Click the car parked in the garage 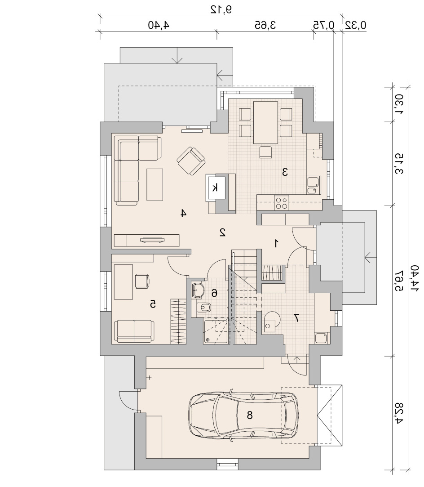[x=243, y=415]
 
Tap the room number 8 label [x=250, y=415]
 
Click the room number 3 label [x=285, y=172]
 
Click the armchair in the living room [x=191, y=161]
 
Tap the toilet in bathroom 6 [x=203, y=308]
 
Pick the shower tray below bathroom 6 [x=216, y=332]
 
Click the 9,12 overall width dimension [x=221, y=9]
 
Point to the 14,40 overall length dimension [x=415, y=278]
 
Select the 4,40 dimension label [x=159, y=25]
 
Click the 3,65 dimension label [x=265, y=25]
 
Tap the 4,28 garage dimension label [x=398, y=413]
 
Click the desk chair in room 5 [x=142, y=281]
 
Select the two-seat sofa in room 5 [x=134, y=332]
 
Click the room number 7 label [x=296, y=317]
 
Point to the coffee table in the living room [x=155, y=184]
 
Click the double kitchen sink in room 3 [x=314, y=185]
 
